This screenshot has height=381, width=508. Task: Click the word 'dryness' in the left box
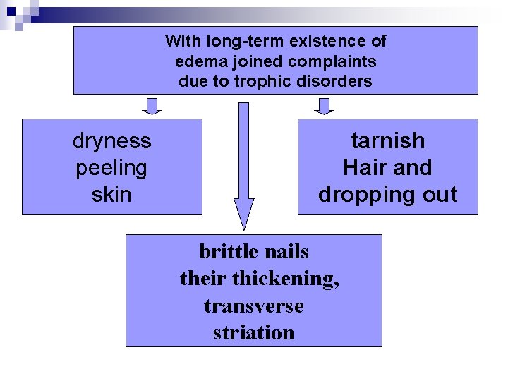tap(111, 141)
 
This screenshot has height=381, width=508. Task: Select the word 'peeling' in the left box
tap(111, 168)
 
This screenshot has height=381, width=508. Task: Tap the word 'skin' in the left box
tap(111, 194)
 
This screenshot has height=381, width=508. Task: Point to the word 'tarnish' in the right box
tap(388, 141)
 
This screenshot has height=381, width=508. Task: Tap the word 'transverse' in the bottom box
tap(253, 306)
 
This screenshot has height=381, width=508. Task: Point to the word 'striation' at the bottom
tap(253, 332)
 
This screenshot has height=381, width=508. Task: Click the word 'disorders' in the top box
tap(341, 81)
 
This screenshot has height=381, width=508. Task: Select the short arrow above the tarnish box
tap(324, 106)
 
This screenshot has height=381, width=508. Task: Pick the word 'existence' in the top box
tap(322, 41)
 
